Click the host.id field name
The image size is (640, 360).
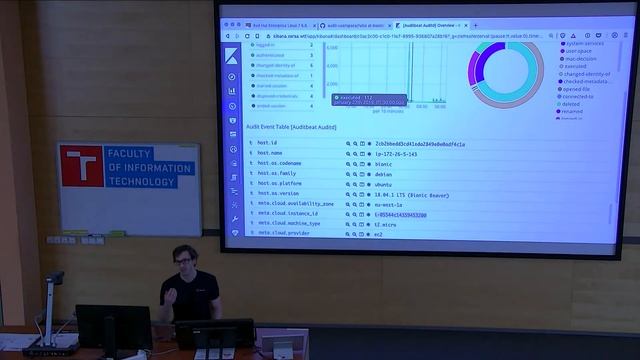268,143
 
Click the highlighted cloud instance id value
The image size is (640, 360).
420,213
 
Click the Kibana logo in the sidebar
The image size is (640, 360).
232,53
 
